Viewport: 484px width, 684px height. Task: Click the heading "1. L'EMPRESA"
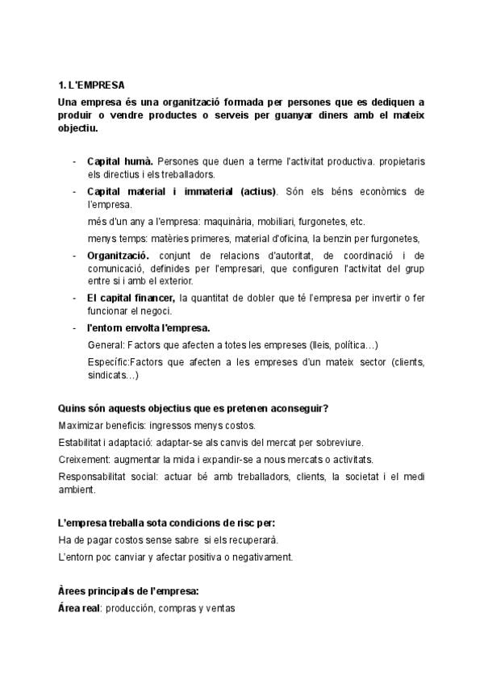coord(91,85)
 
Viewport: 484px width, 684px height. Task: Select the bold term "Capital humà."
coord(120,161)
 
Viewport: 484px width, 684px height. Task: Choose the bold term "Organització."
coord(119,255)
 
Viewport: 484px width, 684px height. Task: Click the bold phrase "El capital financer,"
coord(131,298)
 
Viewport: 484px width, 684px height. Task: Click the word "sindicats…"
coord(113,375)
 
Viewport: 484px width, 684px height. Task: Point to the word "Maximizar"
coord(81,425)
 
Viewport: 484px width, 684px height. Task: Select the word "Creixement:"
coord(85,459)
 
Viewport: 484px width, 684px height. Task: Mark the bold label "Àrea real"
coord(78,608)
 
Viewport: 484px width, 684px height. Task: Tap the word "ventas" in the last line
coord(219,608)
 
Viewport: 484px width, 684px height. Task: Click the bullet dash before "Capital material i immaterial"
coord(75,192)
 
